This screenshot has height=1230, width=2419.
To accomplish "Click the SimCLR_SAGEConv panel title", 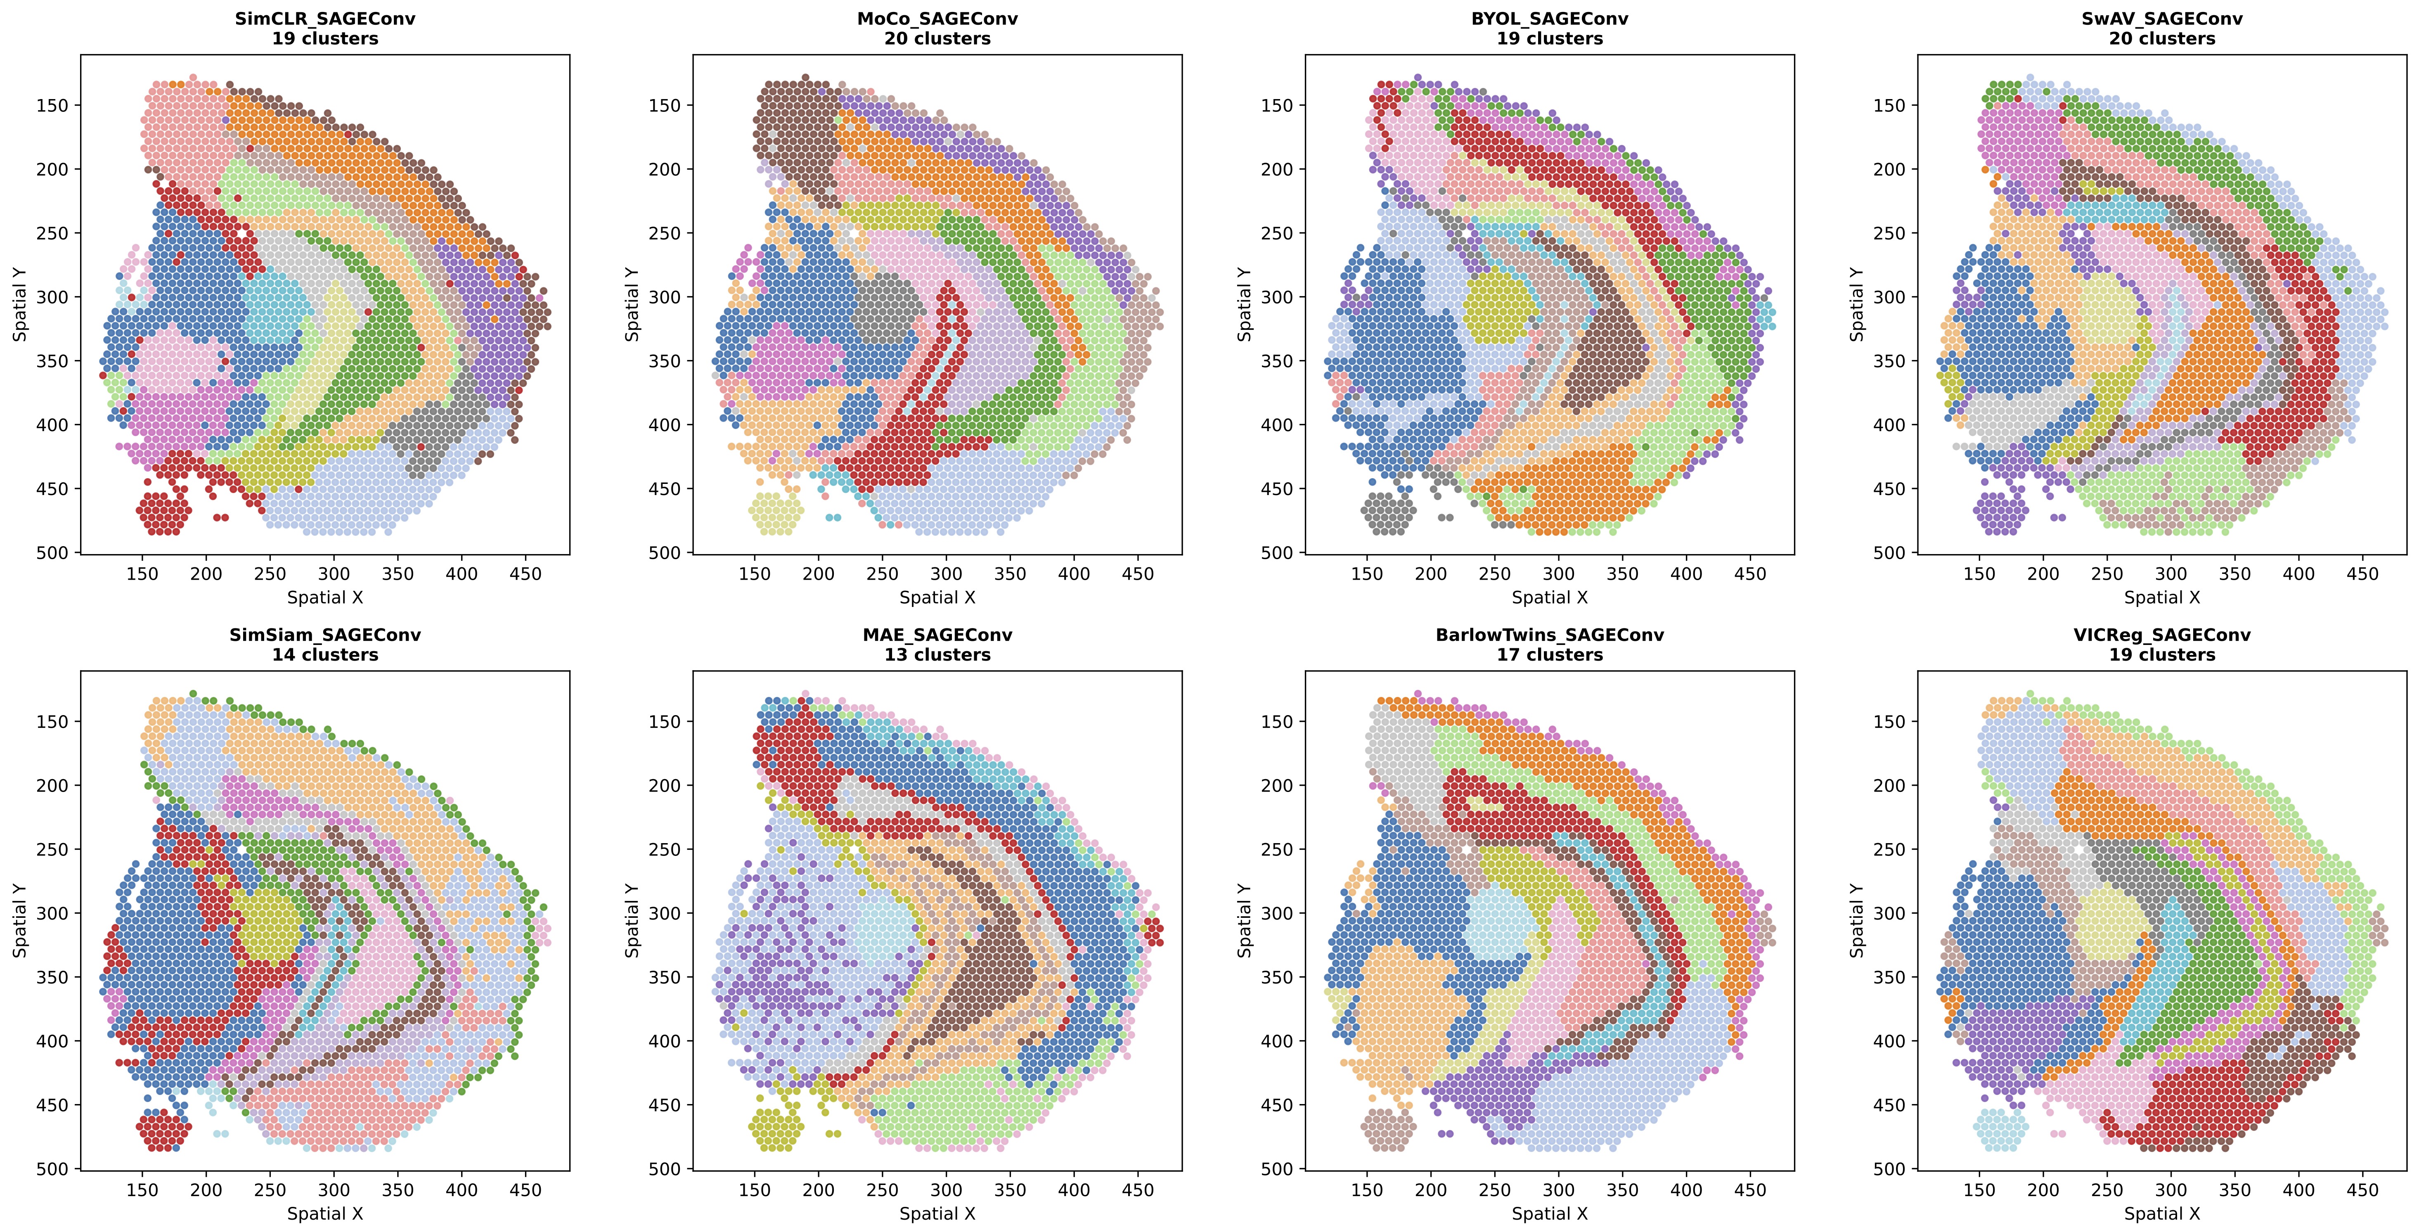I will pos(325,19).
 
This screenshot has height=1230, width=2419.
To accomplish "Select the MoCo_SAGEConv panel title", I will pos(937,19).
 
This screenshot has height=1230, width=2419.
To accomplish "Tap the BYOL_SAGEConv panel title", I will pos(1549,19).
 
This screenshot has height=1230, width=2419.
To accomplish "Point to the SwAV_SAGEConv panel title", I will pos(2162,19).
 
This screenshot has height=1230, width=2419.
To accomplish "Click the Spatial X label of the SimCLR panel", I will pos(325,597).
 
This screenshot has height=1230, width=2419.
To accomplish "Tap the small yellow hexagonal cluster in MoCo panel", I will pos(776,513).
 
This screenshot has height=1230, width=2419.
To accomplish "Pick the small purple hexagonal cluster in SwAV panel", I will pos(2000,513).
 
